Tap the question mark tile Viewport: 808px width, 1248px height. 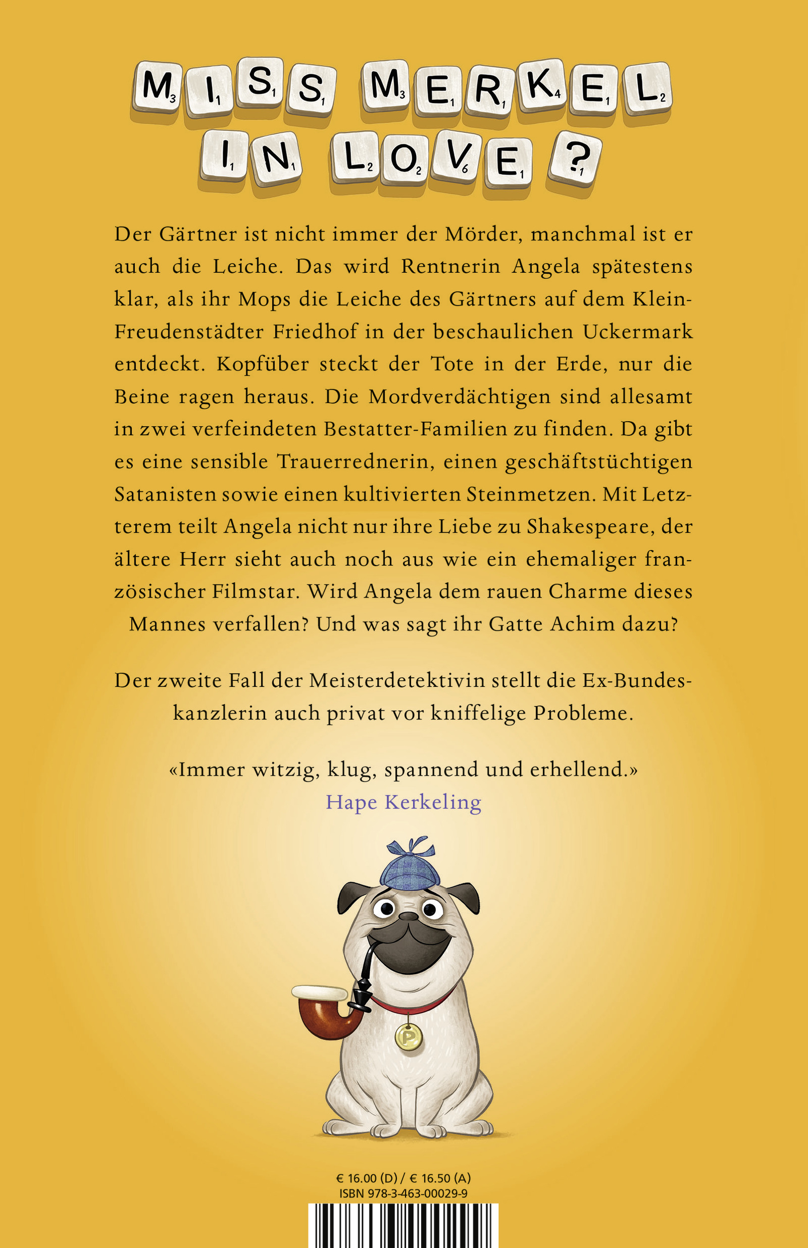[574, 159]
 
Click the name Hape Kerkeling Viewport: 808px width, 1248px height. [403, 802]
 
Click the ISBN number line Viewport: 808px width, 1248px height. [403, 1194]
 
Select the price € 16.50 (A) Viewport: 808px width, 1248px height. [440, 1178]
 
